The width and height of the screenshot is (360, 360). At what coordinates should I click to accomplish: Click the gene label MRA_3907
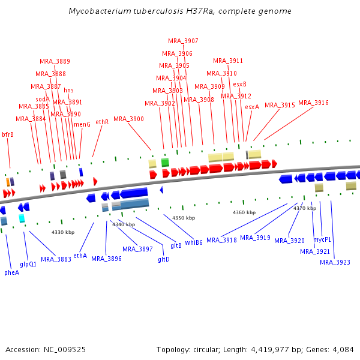click(183, 41)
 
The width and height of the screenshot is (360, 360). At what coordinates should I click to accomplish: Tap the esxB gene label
click(239, 84)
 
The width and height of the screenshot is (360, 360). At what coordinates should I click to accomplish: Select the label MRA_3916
click(313, 103)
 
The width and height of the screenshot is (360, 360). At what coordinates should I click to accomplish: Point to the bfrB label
click(8, 134)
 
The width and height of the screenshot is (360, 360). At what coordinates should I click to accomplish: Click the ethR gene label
click(102, 122)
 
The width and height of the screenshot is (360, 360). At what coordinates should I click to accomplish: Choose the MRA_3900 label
click(128, 119)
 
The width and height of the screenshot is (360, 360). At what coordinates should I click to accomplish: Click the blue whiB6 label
click(193, 242)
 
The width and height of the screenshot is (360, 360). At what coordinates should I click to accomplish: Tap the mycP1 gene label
click(322, 239)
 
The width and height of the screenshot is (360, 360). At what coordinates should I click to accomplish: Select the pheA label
click(11, 272)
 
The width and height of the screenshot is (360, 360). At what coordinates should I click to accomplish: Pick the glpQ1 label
click(28, 264)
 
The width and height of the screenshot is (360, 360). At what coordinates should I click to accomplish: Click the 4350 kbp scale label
click(184, 218)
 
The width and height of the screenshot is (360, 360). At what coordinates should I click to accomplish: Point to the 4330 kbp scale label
click(63, 232)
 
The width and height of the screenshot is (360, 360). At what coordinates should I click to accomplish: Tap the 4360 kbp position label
click(244, 212)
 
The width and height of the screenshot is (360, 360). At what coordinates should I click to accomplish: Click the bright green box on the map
click(165, 162)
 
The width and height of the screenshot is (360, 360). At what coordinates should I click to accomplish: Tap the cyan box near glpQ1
click(22, 218)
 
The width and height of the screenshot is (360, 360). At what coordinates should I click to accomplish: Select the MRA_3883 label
click(56, 259)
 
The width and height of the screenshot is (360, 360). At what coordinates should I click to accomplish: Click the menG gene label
click(82, 124)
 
